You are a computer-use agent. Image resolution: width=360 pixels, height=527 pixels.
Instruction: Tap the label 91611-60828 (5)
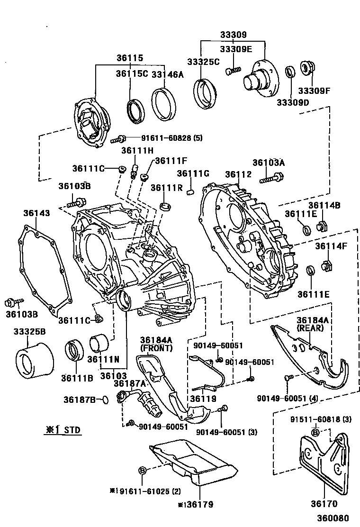click(x=171, y=138)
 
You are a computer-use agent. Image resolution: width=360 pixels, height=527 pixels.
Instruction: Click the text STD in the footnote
click(x=72, y=430)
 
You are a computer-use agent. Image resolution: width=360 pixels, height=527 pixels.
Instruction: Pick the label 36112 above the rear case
click(x=238, y=174)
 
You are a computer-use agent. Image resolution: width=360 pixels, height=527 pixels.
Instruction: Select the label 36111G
click(x=193, y=173)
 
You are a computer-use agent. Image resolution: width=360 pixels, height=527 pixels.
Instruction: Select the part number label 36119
click(x=203, y=399)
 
